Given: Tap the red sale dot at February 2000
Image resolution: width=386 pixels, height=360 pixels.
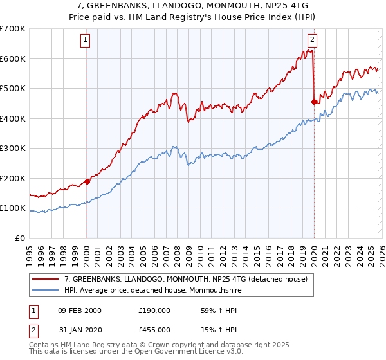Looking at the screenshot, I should [87, 181].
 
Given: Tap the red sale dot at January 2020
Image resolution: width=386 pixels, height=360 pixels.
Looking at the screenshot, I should [314, 102].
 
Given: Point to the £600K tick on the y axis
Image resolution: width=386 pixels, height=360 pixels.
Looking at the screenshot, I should [13, 59].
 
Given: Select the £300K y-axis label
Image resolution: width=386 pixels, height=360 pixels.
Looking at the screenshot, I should [13, 148].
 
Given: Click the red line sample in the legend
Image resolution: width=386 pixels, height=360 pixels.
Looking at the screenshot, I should [46, 279].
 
